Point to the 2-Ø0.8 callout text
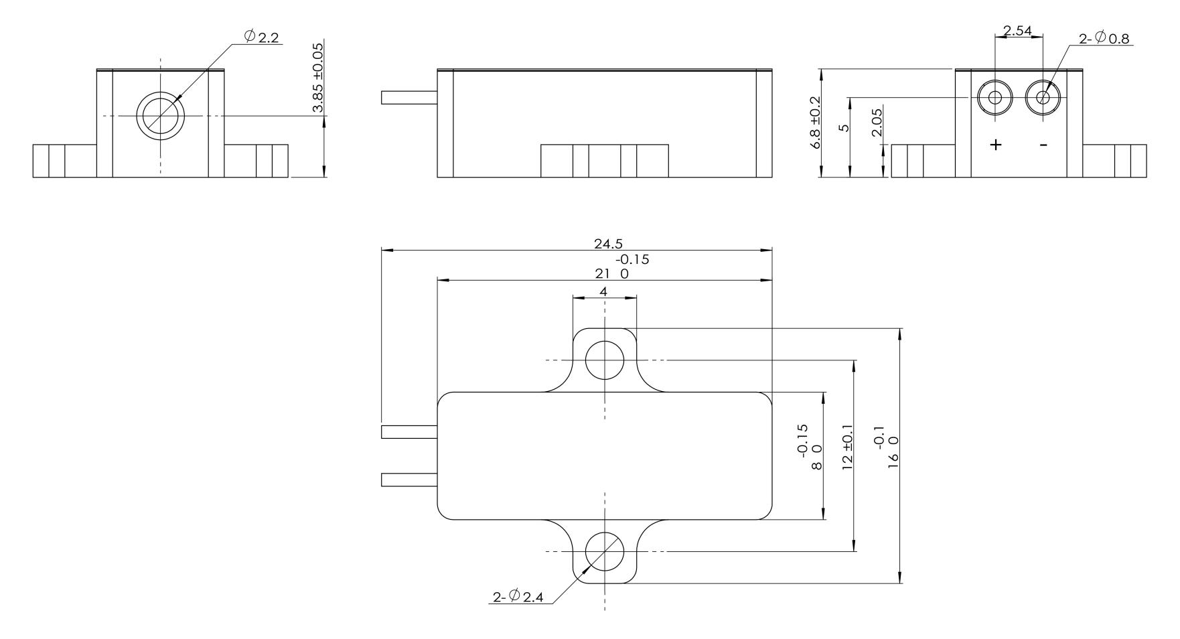[1104, 39]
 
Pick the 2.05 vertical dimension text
[877, 123]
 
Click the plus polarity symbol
[997, 145]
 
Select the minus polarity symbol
[1043, 145]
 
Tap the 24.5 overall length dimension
[608, 244]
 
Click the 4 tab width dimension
[603, 291]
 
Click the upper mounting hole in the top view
[605, 360]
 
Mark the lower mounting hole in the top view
[605, 551]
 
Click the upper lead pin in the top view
[409, 432]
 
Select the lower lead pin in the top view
[409, 480]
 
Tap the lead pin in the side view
[409, 98]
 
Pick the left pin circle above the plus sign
[995, 98]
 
